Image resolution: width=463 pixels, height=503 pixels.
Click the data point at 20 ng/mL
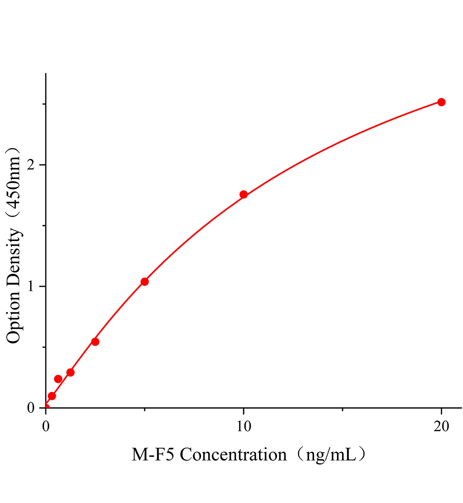(441, 102)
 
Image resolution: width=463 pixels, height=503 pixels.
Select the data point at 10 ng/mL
(243, 194)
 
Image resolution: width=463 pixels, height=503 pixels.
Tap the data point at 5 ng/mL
(144, 282)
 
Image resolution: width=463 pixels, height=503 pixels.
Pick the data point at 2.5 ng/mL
(95, 342)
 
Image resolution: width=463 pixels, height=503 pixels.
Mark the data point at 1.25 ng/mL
(70, 372)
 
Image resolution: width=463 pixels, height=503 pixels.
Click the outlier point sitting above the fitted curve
(58, 379)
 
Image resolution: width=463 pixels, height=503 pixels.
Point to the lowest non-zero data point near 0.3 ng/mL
(52, 396)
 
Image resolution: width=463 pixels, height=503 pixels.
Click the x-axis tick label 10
(243, 427)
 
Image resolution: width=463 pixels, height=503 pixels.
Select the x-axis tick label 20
(441, 427)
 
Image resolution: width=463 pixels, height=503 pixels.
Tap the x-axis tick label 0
(46, 427)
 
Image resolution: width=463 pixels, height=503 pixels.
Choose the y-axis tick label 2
(31, 165)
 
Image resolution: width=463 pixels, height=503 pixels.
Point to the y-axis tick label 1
(31, 287)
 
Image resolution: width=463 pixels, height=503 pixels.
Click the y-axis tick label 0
(31, 408)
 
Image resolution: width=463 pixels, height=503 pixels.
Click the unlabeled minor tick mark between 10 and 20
(342, 410)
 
